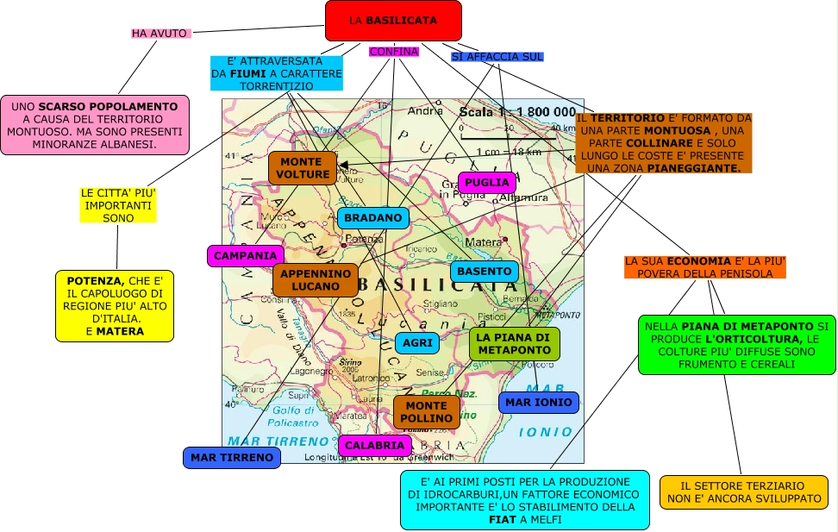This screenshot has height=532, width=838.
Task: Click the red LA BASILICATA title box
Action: tap(393, 21)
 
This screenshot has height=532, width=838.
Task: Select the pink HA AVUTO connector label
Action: tap(159, 34)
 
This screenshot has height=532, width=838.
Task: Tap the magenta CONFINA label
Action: tap(393, 52)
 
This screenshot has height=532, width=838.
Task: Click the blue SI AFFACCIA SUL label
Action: tap(497, 57)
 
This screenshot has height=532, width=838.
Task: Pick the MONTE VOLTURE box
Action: tap(303, 168)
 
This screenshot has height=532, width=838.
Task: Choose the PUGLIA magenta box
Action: tap(487, 183)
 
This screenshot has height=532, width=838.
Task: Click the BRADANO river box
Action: tap(372, 218)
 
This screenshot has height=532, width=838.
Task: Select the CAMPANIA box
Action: tap(246, 256)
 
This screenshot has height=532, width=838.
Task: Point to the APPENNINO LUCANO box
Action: tap(315, 279)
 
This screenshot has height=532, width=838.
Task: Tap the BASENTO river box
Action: tap(485, 272)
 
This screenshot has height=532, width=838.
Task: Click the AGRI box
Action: tap(417, 343)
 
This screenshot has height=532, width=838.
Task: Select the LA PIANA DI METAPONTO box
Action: tap(515, 343)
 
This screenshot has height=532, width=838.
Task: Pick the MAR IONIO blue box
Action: tap(538, 403)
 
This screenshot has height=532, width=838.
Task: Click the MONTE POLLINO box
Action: tap(427, 412)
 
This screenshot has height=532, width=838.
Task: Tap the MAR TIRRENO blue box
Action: tap(232, 458)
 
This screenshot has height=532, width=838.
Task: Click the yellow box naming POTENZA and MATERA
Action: tap(116, 306)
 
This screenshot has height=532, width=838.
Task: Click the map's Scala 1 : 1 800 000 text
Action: tap(517, 112)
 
